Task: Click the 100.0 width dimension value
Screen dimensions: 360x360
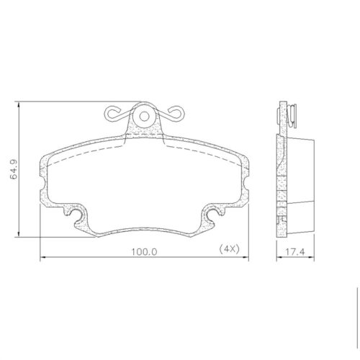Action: pos(144,252)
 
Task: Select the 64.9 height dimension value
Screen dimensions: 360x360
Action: pos(14,169)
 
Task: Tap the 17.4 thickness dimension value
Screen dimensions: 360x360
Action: pos(295,252)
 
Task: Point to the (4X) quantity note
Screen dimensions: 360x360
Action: pos(229,249)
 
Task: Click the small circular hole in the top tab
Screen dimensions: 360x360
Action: pos(144,117)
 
